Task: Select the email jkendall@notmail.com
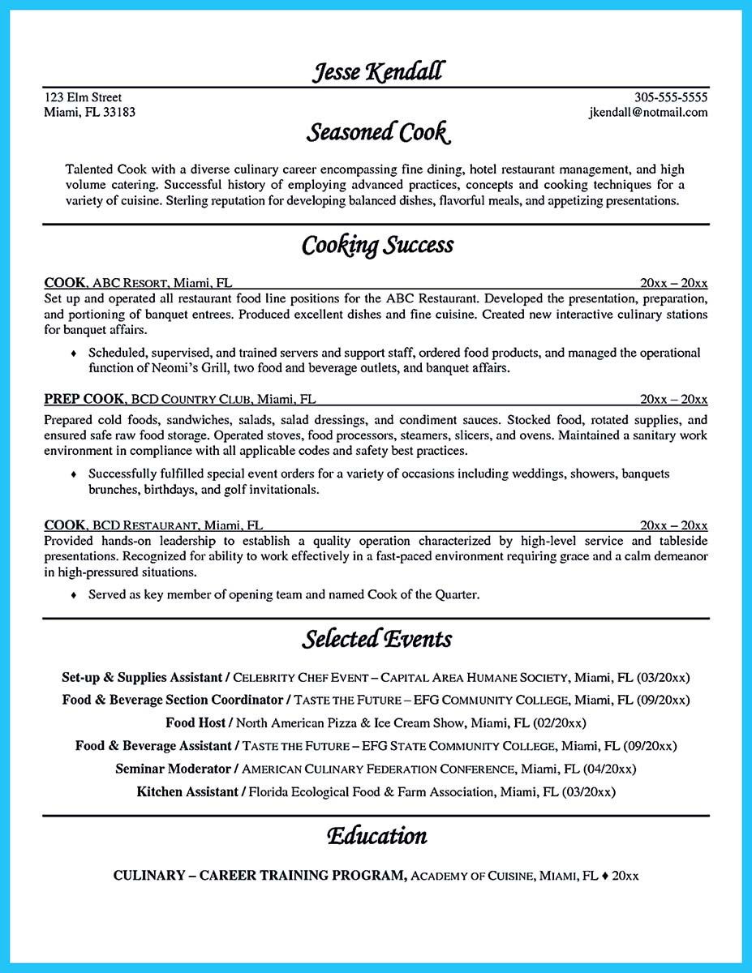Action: click(648, 113)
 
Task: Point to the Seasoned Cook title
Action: click(377, 131)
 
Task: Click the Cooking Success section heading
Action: click(377, 244)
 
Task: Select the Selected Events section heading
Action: click(377, 639)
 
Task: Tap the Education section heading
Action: click(377, 835)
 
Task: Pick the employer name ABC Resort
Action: click(131, 284)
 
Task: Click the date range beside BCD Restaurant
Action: click(673, 525)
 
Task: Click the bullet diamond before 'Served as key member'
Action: click(75, 595)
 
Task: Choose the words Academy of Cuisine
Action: click(471, 877)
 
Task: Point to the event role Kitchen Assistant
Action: click(187, 791)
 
